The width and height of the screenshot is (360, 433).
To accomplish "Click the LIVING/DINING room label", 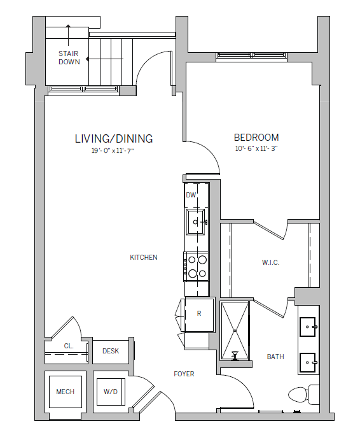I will click(113, 138).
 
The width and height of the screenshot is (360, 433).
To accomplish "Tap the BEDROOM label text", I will click(256, 138).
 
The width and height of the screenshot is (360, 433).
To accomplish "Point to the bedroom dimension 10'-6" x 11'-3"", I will click(256, 150).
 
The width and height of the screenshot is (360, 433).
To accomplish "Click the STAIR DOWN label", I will click(69, 57).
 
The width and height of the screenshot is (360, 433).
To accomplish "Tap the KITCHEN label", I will click(143, 257).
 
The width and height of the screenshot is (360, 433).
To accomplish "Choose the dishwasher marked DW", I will click(191, 195).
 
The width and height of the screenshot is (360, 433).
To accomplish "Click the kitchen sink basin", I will click(197, 222).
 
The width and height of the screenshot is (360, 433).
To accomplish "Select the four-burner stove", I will click(197, 266).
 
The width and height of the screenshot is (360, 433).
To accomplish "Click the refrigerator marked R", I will click(198, 314).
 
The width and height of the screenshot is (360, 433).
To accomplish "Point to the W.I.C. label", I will click(270, 262).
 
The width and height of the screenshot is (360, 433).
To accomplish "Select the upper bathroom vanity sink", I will click(309, 327).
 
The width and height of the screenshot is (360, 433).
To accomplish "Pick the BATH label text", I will click(275, 357).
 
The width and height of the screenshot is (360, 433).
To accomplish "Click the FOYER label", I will click(184, 374).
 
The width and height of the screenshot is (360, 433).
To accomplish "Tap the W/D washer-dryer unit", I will click(110, 392).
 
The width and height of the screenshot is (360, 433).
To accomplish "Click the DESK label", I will click(111, 351).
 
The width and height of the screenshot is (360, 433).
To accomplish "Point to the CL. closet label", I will click(69, 346).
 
